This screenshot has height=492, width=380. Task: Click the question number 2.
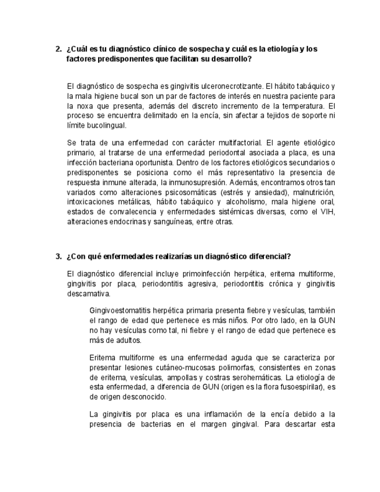[58, 49]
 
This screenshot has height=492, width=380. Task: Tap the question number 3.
[58, 256]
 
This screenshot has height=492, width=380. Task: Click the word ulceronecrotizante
[219, 86]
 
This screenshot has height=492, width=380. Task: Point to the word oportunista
[153, 162]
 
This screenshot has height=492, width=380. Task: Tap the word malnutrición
[314, 192]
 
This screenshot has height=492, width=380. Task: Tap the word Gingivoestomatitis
[121, 310]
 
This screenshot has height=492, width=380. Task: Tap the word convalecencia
[137, 212]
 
